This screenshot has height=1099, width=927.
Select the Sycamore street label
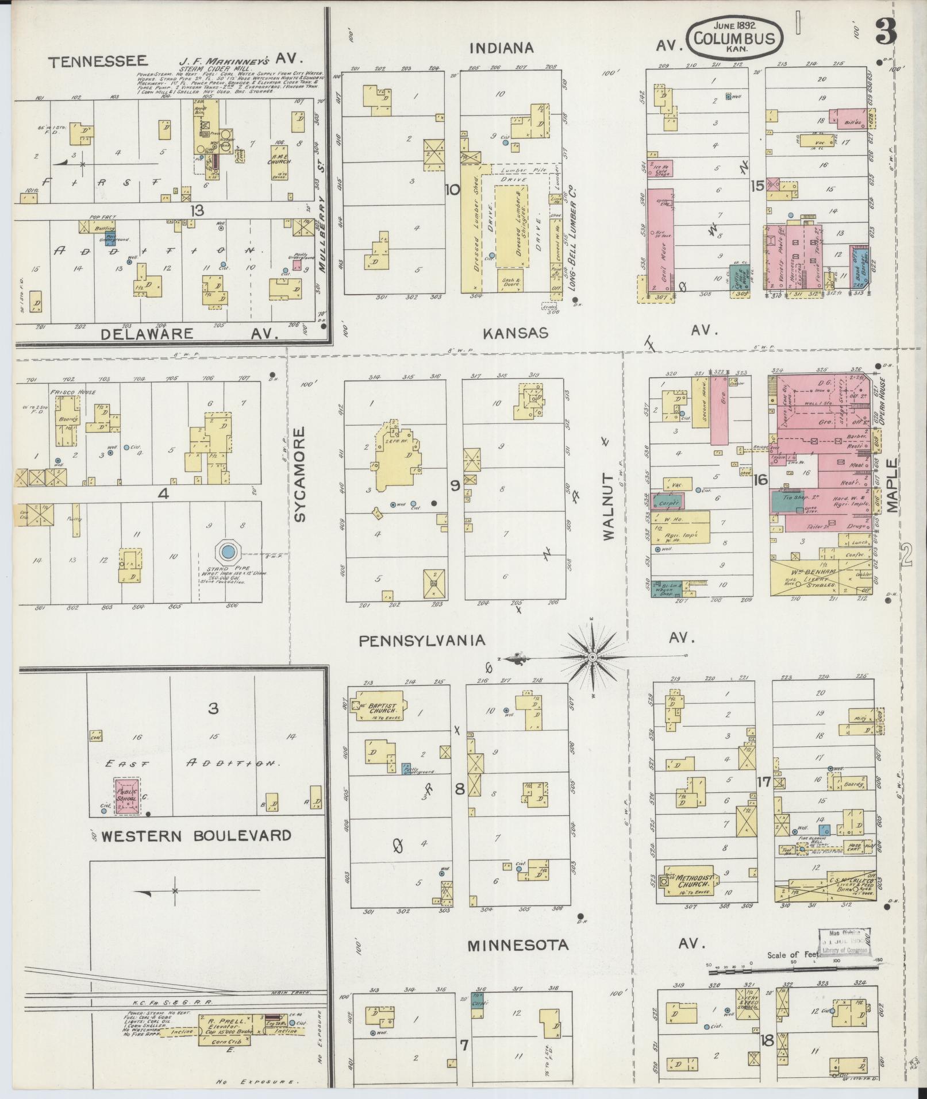click(299, 474)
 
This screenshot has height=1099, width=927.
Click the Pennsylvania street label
click(422, 641)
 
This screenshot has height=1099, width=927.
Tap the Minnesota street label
click(517, 945)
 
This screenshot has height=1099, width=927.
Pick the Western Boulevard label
click(196, 835)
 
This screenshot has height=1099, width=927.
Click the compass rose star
click(593, 656)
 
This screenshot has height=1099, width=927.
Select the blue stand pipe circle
click(228, 552)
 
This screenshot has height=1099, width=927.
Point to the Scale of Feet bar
click(793, 970)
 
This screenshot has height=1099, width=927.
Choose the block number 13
click(197, 210)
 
